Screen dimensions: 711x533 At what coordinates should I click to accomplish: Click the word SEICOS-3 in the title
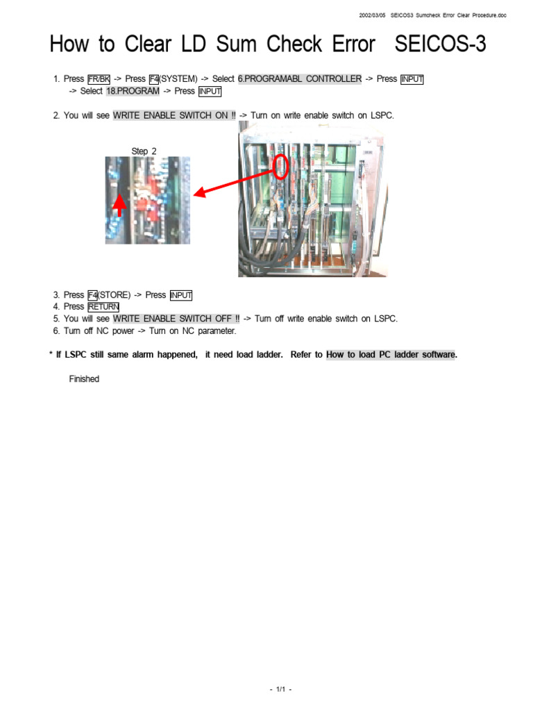tap(440, 44)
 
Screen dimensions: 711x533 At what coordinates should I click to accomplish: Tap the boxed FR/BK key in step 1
tap(99, 79)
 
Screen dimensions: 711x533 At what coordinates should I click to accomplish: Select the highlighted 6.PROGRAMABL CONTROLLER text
tap(299, 79)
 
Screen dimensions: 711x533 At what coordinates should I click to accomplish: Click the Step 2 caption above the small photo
tap(144, 151)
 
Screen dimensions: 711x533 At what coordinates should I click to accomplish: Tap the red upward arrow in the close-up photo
tap(120, 203)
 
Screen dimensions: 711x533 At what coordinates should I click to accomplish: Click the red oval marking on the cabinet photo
tap(280, 167)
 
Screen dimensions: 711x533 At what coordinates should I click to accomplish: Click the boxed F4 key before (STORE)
tap(92, 295)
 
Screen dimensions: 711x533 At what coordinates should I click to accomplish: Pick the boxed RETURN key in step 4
tap(103, 307)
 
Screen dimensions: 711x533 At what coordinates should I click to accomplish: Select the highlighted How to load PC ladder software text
tap(391, 355)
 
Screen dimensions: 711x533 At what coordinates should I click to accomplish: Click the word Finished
tap(84, 379)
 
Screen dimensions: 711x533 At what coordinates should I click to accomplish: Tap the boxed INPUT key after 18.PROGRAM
tap(210, 91)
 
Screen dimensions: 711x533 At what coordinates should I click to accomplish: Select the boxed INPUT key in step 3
tap(180, 295)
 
